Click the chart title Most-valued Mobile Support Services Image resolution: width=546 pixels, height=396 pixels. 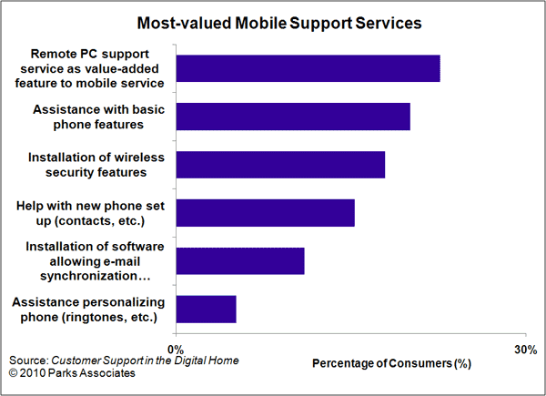coord(279,23)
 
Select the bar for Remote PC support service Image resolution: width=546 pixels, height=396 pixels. coord(308,68)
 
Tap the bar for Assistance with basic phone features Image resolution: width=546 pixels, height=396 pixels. coord(293,117)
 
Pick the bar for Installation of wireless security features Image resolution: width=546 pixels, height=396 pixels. coord(280,165)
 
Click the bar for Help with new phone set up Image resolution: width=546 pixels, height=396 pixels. coord(266,213)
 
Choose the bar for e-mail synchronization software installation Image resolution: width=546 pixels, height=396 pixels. coord(240,261)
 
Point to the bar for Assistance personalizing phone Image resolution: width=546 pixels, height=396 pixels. coord(207,310)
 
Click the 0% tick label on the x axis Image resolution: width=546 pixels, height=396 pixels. coord(176,350)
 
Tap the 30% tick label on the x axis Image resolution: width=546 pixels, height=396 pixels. coord(525,350)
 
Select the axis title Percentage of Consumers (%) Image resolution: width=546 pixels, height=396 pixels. coord(391,363)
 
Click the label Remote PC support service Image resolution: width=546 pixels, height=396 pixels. coord(89,68)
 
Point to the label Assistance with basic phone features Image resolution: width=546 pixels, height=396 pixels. coord(98,117)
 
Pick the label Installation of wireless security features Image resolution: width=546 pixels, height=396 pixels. coord(96,165)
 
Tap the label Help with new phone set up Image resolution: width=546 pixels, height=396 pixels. coord(90,213)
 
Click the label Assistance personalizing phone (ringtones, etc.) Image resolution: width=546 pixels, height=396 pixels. coord(88,310)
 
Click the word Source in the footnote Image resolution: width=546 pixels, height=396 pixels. coord(28,360)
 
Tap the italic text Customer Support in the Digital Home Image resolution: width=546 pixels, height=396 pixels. coord(145,360)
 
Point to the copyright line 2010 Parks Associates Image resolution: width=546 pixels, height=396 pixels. coord(72,373)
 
